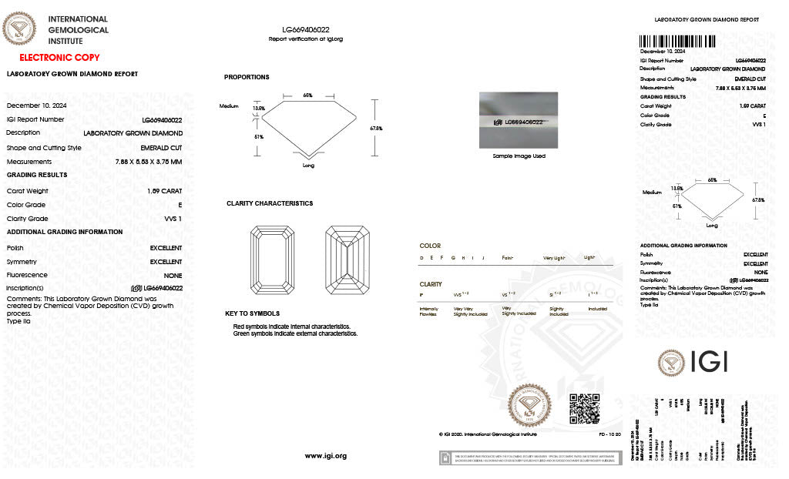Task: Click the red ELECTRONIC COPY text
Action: coord(59,58)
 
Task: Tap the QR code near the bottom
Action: coord(584,409)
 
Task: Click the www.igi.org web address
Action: coord(326,456)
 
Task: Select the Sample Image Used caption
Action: coord(519,156)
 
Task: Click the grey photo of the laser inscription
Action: coord(519,120)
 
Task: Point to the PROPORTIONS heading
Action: coord(247,77)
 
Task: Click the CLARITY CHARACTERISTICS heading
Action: coord(270,203)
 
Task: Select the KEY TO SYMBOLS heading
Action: coord(252,313)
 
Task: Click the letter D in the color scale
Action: coord(421,258)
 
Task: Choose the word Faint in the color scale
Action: coord(508,258)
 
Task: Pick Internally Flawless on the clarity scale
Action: coord(428,310)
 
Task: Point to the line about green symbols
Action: coord(296,333)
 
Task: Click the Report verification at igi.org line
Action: coord(306,39)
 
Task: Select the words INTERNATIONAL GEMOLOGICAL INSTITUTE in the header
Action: coord(78,30)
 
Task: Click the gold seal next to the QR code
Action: coord(531,406)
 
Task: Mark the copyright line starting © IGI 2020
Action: coord(487,434)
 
